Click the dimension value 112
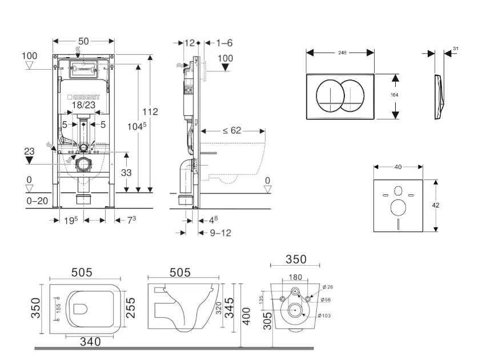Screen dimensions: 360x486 pyautogui.click(x=151, y=111)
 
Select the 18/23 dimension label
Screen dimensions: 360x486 pyautogui.click(x=84, y=105)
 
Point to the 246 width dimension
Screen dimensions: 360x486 pyautogui.click(x=342, y=52)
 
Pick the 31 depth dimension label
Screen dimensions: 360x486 pyautogui.click(x=455, y=49)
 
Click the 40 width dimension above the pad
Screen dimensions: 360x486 pyautogui.click(x=398, y=167)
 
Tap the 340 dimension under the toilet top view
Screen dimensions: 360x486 pyautogui.click(x=90, y=342)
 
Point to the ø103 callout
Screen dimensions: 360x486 pyautogui.click(x=323, y=316)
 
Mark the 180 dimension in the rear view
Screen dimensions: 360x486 pyautogui.click(x=295, y=277)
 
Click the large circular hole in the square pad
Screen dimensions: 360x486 pyautogui.click(x=399, y=207)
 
